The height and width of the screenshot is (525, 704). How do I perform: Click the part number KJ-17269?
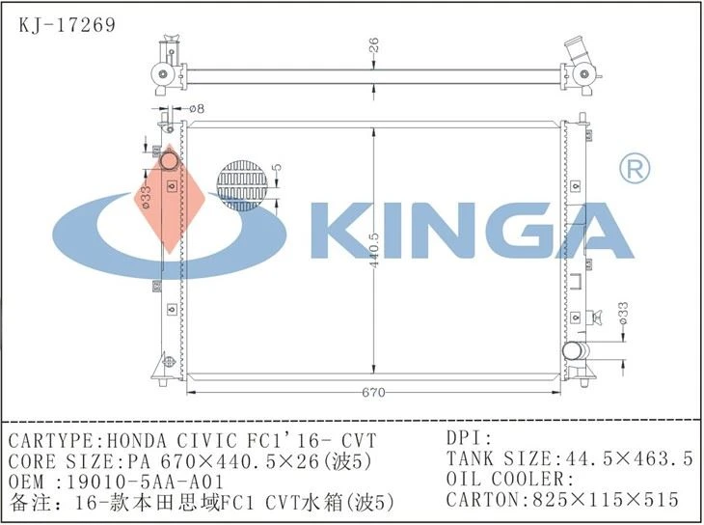[x=67, y=25]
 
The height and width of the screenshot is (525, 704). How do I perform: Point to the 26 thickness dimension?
[x=373, y=45]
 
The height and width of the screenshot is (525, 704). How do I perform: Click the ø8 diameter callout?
[x=196, y=109]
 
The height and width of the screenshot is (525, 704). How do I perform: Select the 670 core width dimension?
[x=373, y=393]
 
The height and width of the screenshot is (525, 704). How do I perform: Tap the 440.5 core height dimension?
[x=374, y=250]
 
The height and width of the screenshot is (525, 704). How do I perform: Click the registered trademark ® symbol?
[x=635, y=169]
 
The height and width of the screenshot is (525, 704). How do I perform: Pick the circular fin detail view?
[x=242, y=185]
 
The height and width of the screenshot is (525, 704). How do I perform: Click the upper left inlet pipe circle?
[x=170, y=162]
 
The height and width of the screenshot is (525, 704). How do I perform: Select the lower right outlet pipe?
[x=575, y=350]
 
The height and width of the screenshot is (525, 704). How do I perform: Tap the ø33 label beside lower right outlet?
[x=623, y=314]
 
